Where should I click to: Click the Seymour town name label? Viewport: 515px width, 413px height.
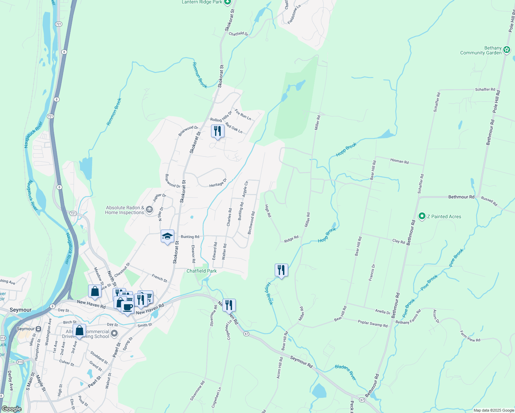pos(20,310)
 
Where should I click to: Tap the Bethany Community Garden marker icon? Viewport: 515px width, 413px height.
pos(507,50)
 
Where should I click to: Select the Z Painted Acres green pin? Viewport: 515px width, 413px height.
pos(422,216)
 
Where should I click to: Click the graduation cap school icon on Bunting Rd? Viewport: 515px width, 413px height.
pos(167,236)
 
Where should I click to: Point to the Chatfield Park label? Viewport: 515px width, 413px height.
pos(201,271)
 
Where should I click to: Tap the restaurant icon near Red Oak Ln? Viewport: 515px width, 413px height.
pos(218,131)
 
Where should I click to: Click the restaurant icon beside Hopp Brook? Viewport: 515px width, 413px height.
pos(281,270)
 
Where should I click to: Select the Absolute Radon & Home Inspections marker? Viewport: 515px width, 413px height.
pos(149,210)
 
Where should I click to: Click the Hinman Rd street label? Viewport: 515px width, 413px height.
pos(399,161)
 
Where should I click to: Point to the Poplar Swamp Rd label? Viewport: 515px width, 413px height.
pos(372,324)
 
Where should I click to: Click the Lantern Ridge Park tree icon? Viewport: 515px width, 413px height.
pos(227,2)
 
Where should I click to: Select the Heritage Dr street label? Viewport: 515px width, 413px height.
pos(218,183)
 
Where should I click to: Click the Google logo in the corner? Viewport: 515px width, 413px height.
pos(12,409)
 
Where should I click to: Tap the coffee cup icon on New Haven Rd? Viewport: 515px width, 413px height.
pos(127,307)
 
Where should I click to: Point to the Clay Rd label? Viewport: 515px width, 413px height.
pos(398,241)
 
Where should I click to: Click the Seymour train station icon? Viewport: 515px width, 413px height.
pos(38,329)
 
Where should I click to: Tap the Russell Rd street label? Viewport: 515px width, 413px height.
pos(489,201)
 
